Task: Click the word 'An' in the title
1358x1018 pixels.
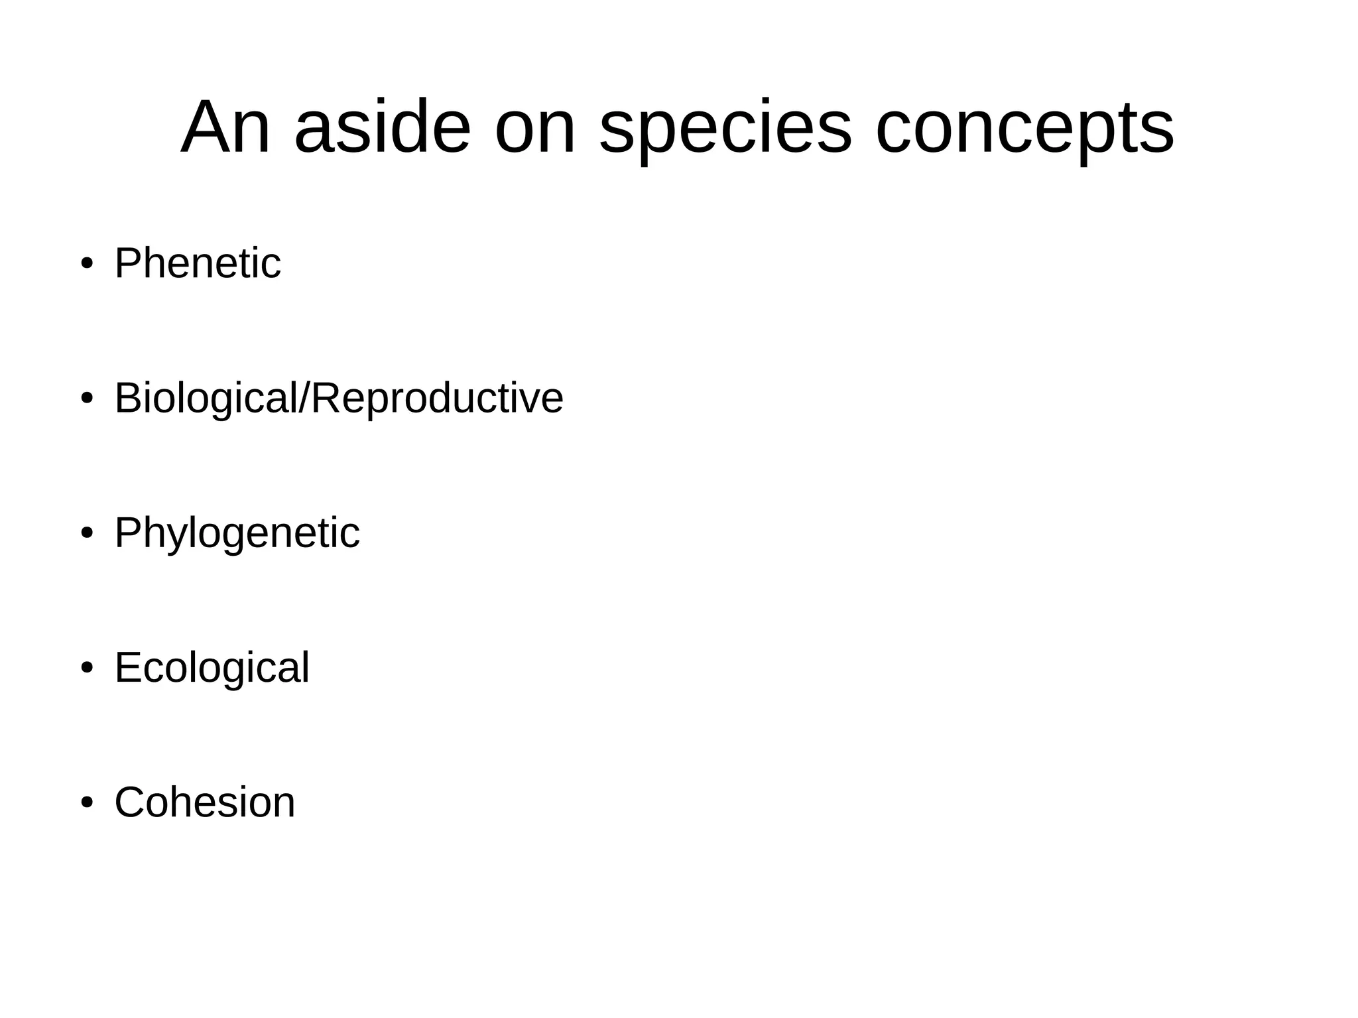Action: tap(225, 128)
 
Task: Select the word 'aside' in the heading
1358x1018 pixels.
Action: tap(382, 128)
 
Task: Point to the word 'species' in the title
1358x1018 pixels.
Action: tap(725, 128)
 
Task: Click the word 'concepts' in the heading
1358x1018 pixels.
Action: tap(1024, 128)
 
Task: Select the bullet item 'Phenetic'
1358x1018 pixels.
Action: tap(198, 263)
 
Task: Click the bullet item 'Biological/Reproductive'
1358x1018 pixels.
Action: tap(339, 398)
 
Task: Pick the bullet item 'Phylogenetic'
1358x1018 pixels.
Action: tap(237, 533)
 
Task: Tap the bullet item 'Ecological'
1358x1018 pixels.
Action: tap(212, 667)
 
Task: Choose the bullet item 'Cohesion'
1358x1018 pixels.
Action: tap(204, 802)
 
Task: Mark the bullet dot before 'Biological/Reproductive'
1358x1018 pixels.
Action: tap(86, 399)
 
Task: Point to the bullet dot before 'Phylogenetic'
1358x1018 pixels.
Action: tap(86, 534)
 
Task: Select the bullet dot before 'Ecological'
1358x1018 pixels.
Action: tap(86, 668)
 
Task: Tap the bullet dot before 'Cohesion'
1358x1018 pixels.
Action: tap(86, 803)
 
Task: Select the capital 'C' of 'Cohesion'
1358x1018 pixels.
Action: tap(131, 802)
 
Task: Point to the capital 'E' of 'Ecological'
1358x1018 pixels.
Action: tap(129, 667)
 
